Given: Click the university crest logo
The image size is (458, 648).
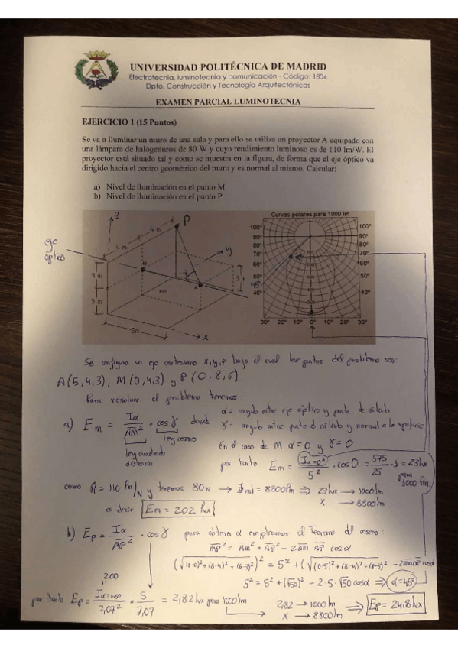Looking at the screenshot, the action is click(x=96, y=70).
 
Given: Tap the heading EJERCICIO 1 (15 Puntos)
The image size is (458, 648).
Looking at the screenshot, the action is click(x=128, y=122).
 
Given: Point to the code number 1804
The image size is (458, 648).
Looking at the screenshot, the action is click(x=317, y=77).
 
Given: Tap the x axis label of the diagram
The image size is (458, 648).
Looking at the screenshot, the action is click(x=205, y=336).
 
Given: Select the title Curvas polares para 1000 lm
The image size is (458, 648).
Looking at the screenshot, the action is click(x=310, y=214).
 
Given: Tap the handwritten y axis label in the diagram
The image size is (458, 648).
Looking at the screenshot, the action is click(x=227, y=249).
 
